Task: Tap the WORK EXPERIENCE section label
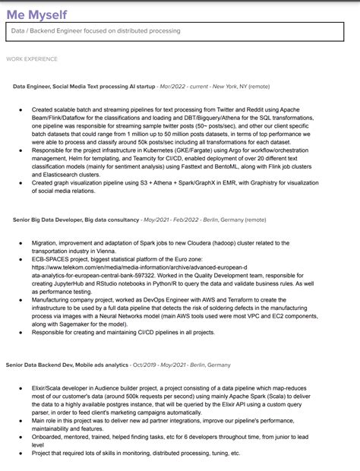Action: click(x=31, y=58)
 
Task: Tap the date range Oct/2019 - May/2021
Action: click(x=160, y=365)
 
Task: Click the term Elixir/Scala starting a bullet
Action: click(x=49, y=387)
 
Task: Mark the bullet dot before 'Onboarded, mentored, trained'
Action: click(x=21, y=435)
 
